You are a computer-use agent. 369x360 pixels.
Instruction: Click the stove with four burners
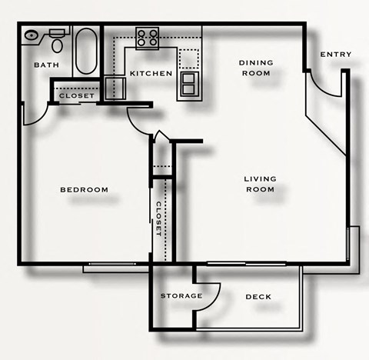pyautogui.click(x=147, y=38)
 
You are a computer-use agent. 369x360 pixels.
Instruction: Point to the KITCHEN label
pyautogui.click(x=151, y=73)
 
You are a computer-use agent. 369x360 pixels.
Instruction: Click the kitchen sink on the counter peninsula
pyautogui.click(x=188, y=84)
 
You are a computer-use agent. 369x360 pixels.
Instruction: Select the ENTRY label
pyautogui.click(x=336, y=54)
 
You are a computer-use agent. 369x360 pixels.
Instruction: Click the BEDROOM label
pyautogui.click(x=85, y=189)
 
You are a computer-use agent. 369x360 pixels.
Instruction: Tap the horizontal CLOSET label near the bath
pyautogui.click(x=77, y=95)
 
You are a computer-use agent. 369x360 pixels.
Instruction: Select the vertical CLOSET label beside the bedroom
pyautogui.click(x=158, y=218)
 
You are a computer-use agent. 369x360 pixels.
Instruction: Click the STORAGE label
pyautogui.click(x=181, y=295)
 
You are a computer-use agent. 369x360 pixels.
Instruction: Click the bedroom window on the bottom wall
pyautogui.click(x=115, y=268)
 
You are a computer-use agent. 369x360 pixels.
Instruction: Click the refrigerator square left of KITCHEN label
pyautogui.click(x=116, y=86)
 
